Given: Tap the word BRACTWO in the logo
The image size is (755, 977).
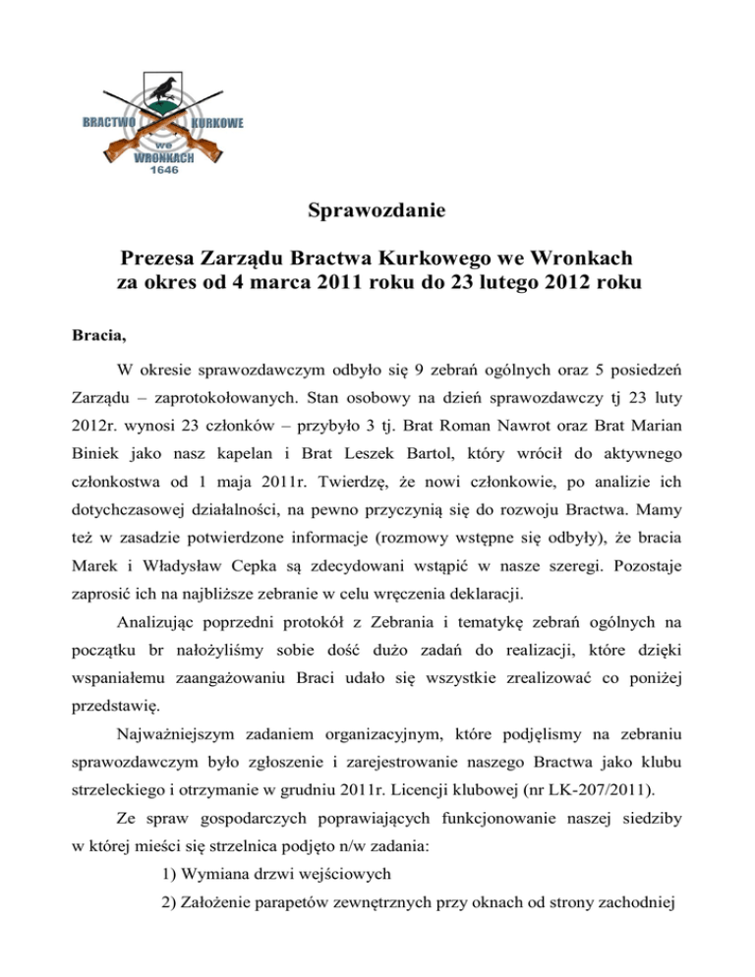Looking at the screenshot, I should coord(108,123).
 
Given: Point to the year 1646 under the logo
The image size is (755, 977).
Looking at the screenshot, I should coord(163,169).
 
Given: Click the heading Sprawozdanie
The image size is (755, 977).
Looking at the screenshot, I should coord(377,210).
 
